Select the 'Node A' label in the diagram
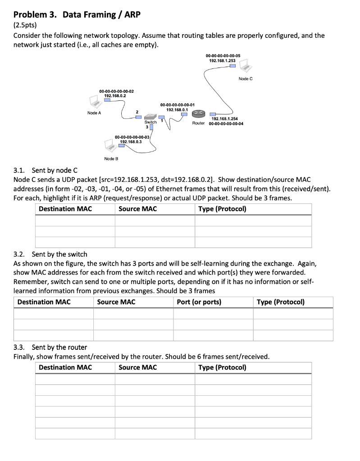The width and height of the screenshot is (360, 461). [x=94, y=113]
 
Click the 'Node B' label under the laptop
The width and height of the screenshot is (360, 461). [x=111, y=158]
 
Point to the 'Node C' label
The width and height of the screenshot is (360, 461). [x=246, y=79]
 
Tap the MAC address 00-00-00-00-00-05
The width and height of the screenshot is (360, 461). [x=222, y=55]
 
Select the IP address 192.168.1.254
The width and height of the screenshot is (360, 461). [x=224, y=118]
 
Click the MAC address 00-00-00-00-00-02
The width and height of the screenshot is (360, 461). [x=116, y=91]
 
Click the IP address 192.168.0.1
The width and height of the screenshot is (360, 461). [x=177, y=109]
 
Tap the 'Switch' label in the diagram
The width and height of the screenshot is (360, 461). [x=150, y=122]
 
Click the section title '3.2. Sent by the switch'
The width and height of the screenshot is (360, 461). [x=50, y=254]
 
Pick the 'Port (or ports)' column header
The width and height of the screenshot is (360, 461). [x=199, y=302]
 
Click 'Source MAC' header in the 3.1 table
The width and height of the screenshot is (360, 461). [x=137, y=208]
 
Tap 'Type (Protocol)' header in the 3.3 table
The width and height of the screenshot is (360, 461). [x=222, y=367]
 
